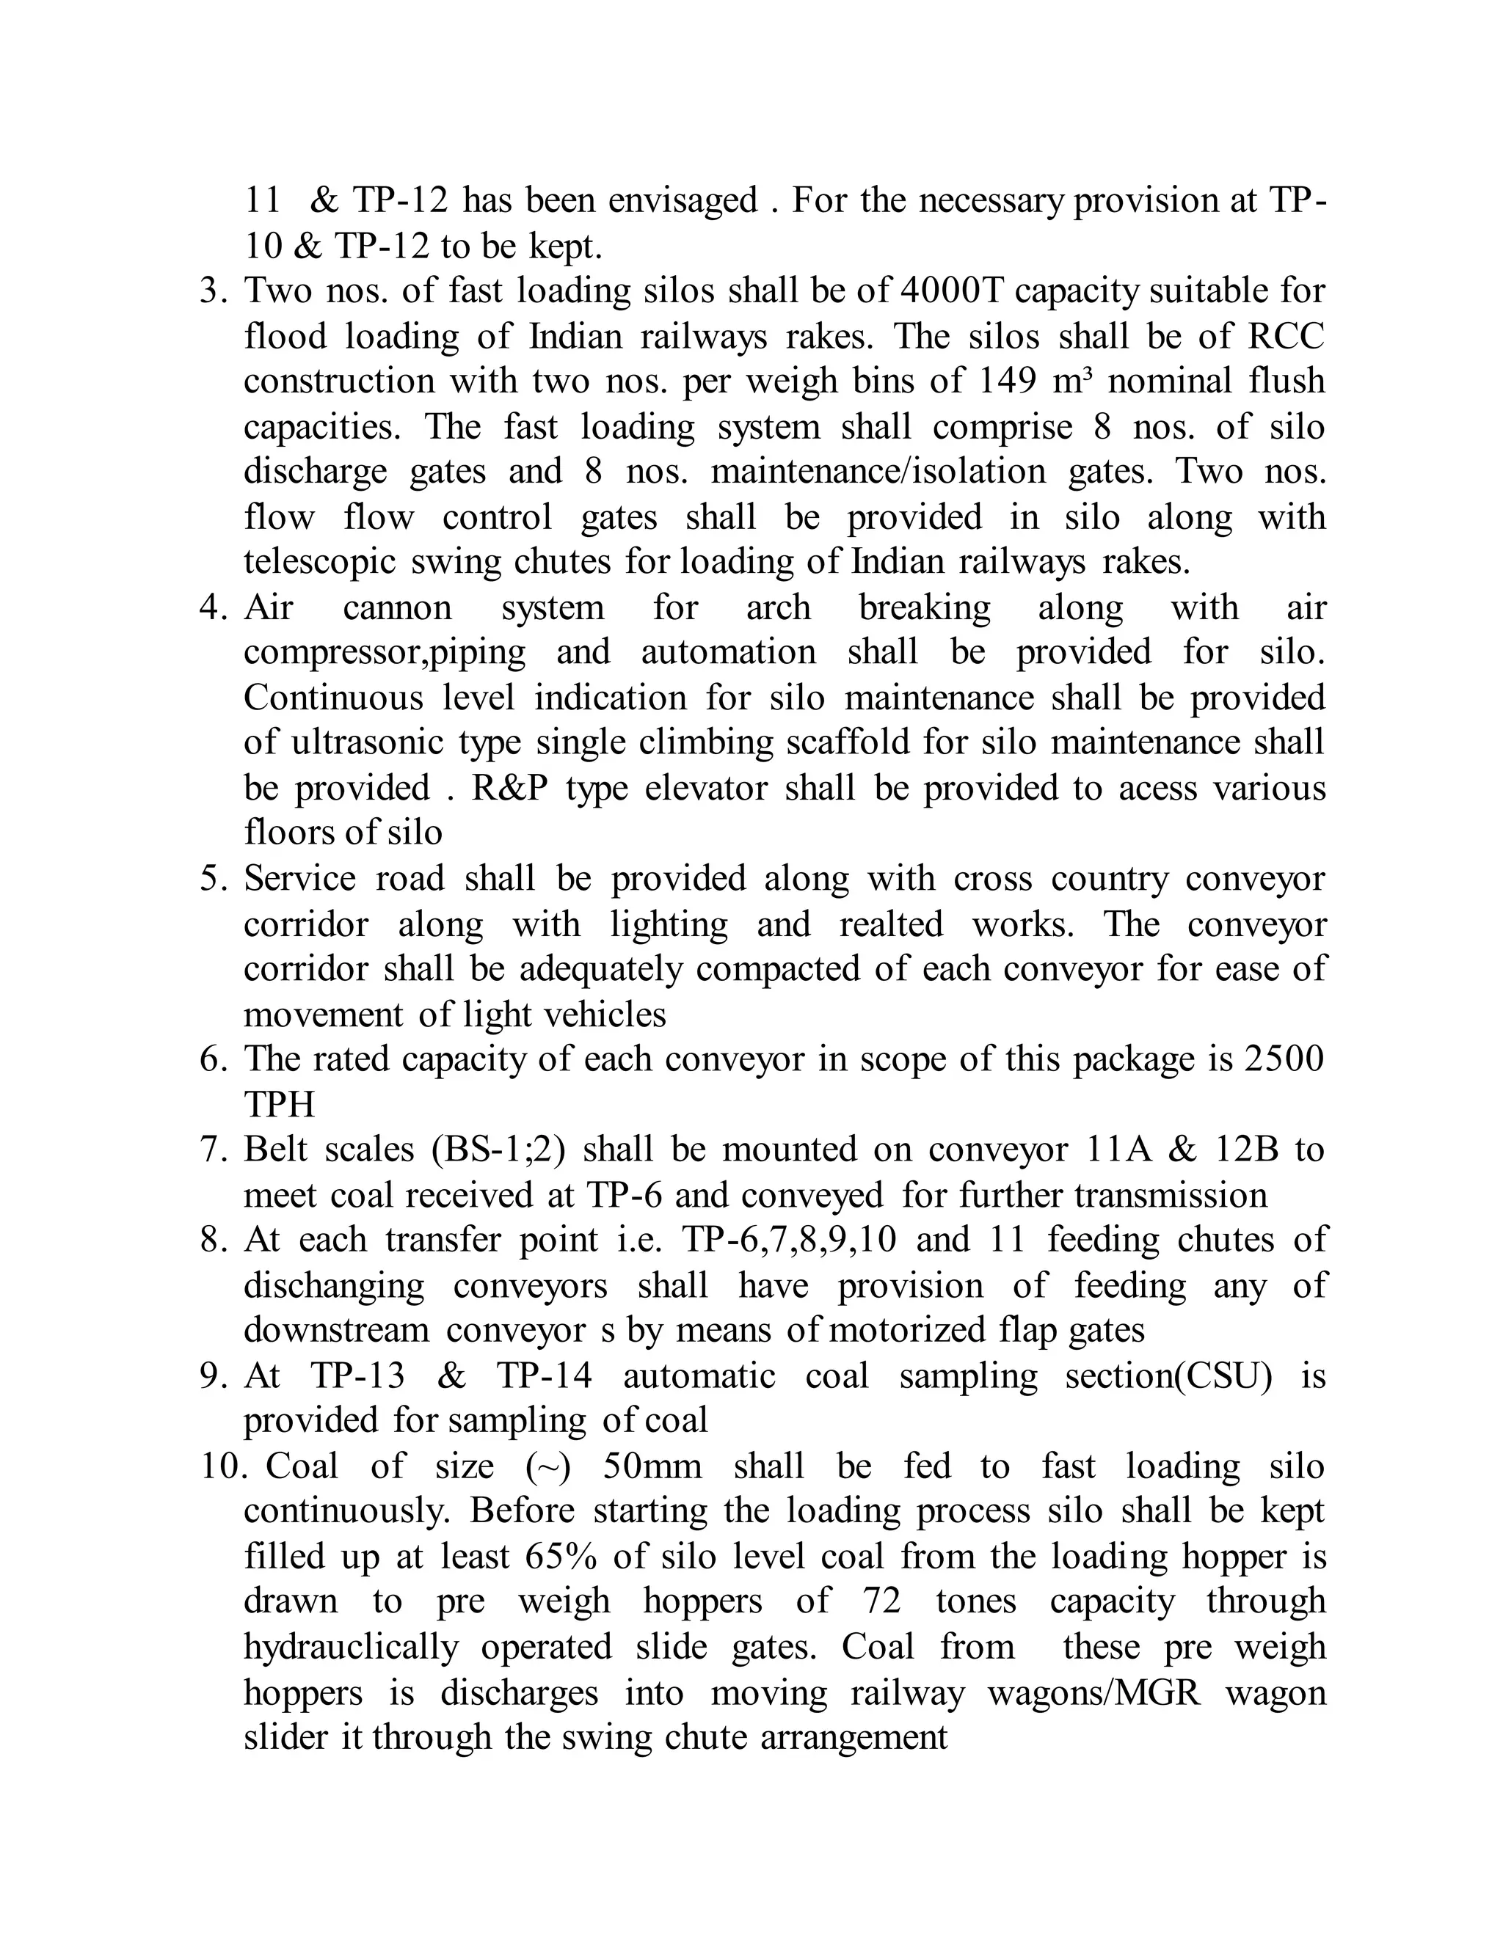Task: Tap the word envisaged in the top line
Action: point(683,200)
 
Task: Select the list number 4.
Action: point(214,607)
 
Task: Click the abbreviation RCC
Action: point(1286,337)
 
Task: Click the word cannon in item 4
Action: point(397,607)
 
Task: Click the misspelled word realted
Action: point(890,924)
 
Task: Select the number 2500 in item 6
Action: point(1284,1059)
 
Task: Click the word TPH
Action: point(279,1105)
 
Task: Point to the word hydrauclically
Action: point(351,1648)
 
